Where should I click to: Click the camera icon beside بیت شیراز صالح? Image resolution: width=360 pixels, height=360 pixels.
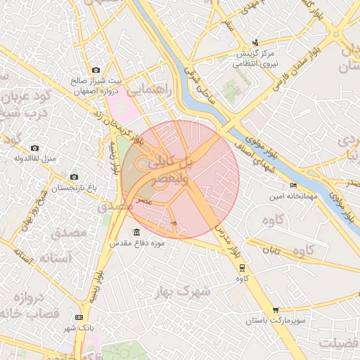pos(96,70)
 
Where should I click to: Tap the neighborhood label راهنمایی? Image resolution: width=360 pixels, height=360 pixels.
pos(146,90)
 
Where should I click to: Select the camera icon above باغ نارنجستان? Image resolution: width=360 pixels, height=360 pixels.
pos(74,176)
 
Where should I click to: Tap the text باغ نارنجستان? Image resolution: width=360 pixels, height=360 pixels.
pos(74,188)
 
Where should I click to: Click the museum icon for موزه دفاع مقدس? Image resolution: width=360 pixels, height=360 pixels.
pos(136,233)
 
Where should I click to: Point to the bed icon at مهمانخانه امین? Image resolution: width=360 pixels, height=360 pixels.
pos(293,185)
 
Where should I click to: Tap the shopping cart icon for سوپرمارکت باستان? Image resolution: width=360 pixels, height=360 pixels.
pos(276,310)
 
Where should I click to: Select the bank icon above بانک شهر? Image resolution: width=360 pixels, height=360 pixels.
pos(78,318)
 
